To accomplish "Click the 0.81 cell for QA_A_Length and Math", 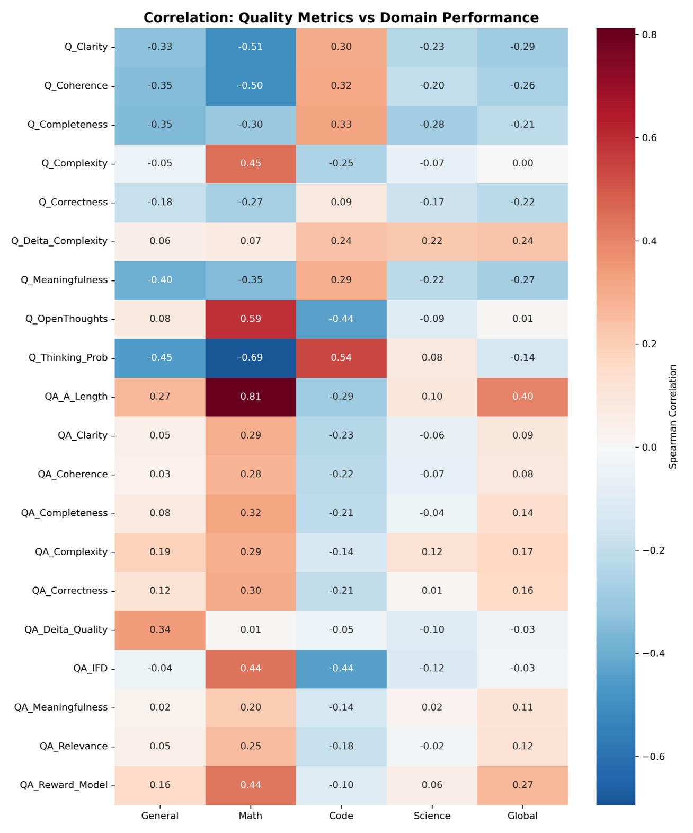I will coord(251,397).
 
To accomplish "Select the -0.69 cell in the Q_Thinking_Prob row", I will coord(251,358).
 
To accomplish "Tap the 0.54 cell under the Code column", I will coord(341,358).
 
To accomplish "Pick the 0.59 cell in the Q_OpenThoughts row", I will coord(251,319).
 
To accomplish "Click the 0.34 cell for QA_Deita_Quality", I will coord(160,630).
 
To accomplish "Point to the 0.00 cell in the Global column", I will coord(522,163).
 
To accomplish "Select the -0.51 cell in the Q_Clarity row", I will coord(251,47).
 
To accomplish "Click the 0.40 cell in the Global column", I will coord(522,397).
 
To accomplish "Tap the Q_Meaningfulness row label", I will coord(64,280).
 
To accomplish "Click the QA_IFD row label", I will coord(90,669).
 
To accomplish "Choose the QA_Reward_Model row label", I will coord(64,785).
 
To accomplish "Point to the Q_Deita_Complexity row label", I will coord(59,241).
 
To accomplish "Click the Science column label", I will coord(432,816).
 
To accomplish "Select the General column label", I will coord(160,816).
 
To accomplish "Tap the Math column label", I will coord(251,816).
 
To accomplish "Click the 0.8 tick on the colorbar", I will coord(649,35).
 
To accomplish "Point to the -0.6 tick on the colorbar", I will coord(653,757).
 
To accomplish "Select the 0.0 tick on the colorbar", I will coord(649,448).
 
